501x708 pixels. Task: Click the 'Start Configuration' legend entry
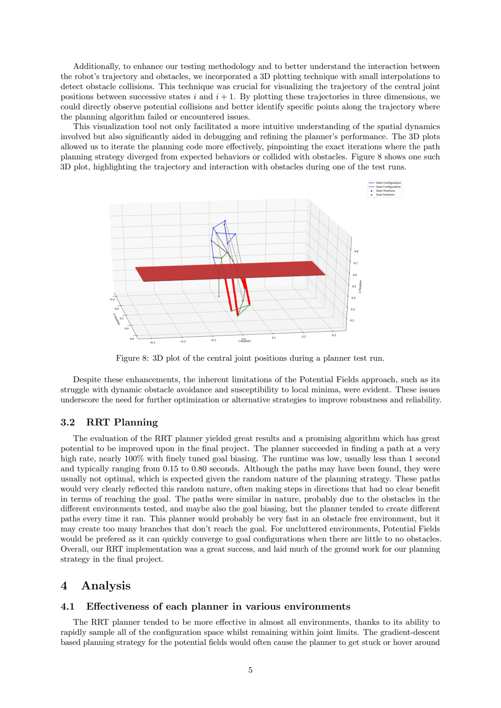coord(388,183)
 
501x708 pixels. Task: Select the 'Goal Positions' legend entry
coord(385,195)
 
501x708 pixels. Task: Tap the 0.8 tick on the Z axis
coord(356,251)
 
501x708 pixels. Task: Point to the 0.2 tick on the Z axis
coord(352,320)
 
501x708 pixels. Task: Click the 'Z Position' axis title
coord(360,286)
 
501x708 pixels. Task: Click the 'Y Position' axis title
coord(244,341)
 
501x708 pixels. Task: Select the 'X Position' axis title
coord(117,319)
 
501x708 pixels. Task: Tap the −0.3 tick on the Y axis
coord(153,343)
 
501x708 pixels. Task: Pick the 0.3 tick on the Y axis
coord(334,335)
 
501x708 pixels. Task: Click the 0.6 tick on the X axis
coord(132,338)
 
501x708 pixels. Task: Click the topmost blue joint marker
coord(225,220)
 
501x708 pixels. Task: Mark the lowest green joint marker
coord(238,316)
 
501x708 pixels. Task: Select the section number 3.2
coord(68,422)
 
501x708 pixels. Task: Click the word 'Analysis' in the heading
coord(106,586)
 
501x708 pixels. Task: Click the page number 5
coord(250,670)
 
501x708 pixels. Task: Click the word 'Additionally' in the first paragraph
coord(96,66)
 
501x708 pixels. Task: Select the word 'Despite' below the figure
coord(87,380)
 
